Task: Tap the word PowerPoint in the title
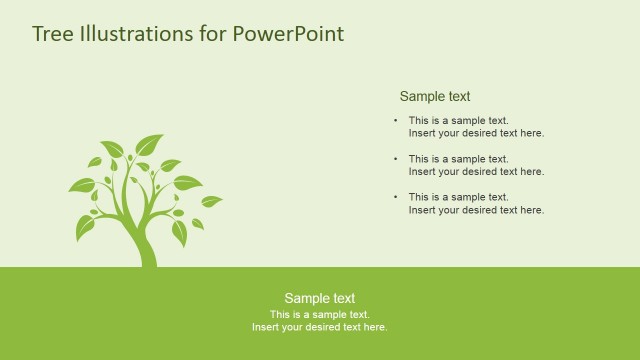pyautogui.click(x=288, y=34)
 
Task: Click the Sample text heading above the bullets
pyautogui.click(x=435, y=97)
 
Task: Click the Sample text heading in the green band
pyautogui.click(x=319, y=298)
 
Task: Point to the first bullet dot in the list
pyautogui.click(x=395, y=121)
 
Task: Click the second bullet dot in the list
pyautogui.click(x=395, y=159)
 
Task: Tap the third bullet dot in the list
pyautogui.click(x=395, y=197)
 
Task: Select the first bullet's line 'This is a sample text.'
pyautogui.click(x=458, y=121)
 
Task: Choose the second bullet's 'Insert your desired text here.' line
pyautogui.click(x=476, y=172)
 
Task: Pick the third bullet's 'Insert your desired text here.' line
pyautogui.click(x=476, y=210)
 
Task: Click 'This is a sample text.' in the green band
pyautogui.click(x=319, y=314)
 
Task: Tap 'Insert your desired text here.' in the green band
pyautogui.click(x=319, y=327)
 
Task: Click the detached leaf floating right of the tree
pyautogui.click(x=211, y=201)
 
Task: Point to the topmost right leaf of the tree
pyautogui.click(x=150, y=145)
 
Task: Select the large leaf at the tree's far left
pyautogui.click(x=81, y=185)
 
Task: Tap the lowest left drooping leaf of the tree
pyautogui.click(x=87, y=228)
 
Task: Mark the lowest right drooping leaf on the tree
pyautogui.click(x=179, y=233)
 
